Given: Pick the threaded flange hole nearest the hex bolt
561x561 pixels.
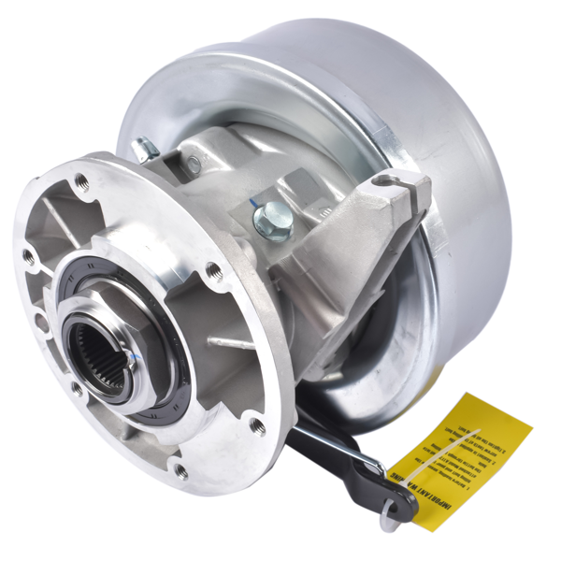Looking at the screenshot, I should pos(214,271).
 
